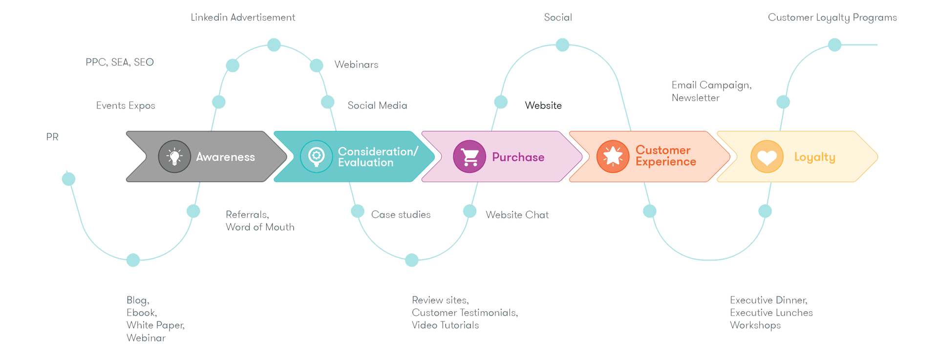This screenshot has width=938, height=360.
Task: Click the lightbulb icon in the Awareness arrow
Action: [174, 157]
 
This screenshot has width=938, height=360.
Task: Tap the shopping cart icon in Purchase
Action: [469, 157]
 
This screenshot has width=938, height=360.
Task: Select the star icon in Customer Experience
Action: [613, 157]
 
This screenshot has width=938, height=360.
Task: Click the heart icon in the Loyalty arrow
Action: [767, 157]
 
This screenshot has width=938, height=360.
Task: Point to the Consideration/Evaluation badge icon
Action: [316, 157]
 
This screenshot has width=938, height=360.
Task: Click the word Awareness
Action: [225, 157]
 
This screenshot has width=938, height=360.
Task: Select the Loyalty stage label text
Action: [814, 157]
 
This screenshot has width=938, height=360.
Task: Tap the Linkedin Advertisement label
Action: [243, 18]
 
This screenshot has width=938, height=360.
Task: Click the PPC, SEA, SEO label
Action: [120, 63]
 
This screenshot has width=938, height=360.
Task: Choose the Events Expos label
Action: [126, 106]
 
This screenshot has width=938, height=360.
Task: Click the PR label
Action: [53, 137]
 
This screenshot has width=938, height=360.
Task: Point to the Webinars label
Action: [356, 64]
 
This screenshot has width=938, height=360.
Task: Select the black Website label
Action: [543, 106]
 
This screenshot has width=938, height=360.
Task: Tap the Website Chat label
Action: [517, 215]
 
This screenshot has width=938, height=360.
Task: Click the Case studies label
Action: [401, 215]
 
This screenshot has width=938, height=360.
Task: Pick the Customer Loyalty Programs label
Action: [832, 18]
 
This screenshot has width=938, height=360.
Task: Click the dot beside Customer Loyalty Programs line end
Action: [834, 45]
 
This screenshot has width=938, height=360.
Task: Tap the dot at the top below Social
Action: [562, 45]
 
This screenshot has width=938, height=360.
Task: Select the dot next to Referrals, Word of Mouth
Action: [193, 211]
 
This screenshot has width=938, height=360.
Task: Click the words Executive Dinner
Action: [768, 300]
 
